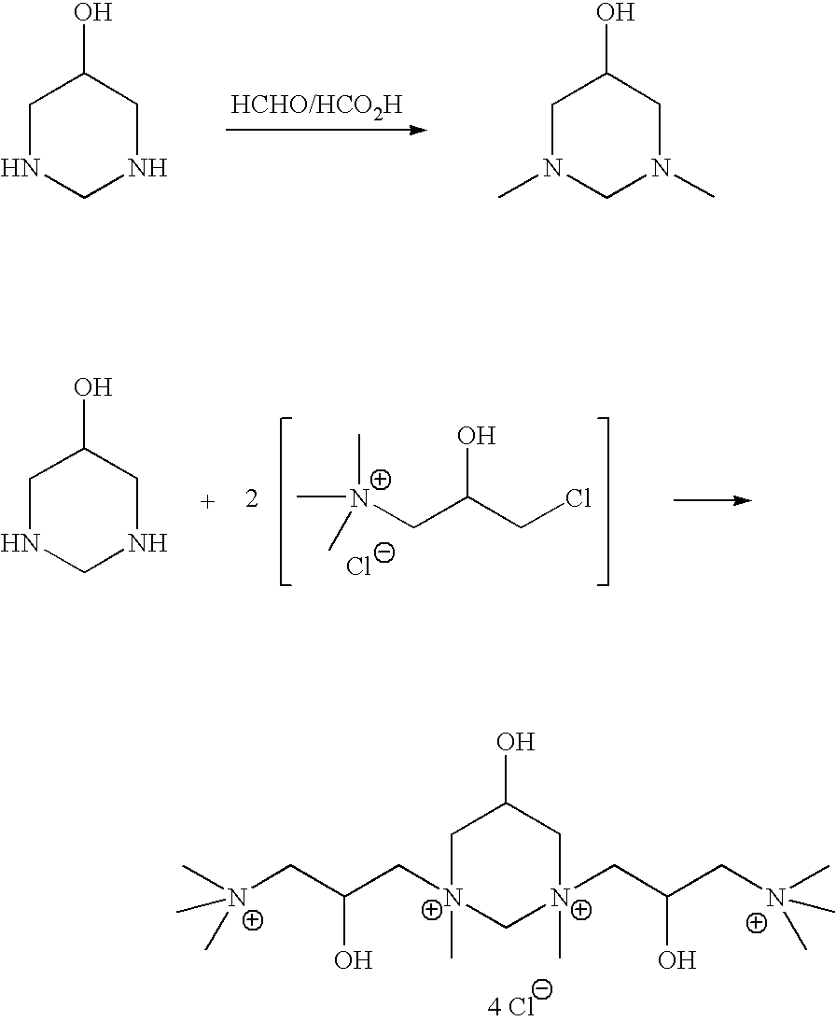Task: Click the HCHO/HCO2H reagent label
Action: [x=316, y=105]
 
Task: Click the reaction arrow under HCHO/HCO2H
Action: [x=326, y=130]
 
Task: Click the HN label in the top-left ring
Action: [x=21, y=169]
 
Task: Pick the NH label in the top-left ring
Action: [x=146, y=169]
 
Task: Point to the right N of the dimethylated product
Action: [x=661, y=169]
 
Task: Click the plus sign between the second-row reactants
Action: [x=207, y=501]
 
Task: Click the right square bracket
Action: [x=605, y=501]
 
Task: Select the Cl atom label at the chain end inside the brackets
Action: [x=578, y=499]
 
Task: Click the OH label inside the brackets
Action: [x=475, y=436]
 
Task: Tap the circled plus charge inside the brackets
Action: [x=382, y=480]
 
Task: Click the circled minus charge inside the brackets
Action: [x=383, y=552]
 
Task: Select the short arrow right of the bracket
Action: [x=712, y=500]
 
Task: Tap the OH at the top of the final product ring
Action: [x=515, y=743]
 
